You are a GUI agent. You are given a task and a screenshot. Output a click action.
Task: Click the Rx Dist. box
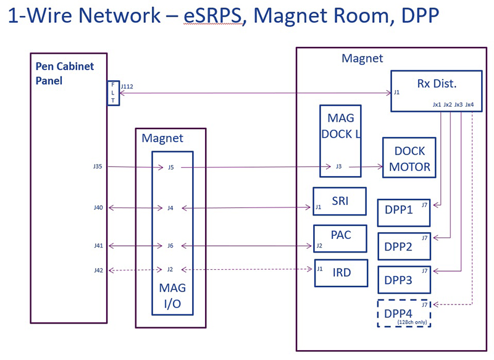point(435,91)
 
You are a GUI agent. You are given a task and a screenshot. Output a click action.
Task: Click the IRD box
point(341,273)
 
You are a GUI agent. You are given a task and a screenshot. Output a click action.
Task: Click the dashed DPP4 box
point(404,313)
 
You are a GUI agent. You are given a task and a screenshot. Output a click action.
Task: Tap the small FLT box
point(113,93)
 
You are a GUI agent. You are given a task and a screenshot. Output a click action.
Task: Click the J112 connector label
point(128,87)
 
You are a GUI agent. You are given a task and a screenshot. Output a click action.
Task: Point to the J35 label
point(98,166)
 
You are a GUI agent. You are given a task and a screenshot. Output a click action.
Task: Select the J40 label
point(98,207)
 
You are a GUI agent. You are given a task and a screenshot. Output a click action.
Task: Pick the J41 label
point(98,246)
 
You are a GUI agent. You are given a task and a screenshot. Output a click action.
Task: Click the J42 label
point(98,270)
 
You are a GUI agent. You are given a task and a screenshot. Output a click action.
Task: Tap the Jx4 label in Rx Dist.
point(470,104)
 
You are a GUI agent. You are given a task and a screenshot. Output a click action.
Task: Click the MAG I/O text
point(172,296)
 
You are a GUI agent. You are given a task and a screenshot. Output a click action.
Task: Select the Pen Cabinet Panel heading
point(65,73)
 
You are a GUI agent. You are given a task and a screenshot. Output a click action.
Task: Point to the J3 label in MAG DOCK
point(338,166)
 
